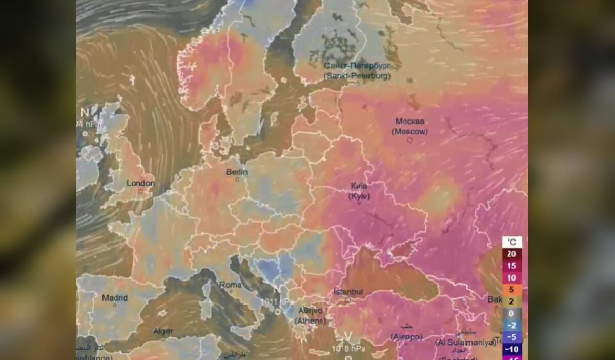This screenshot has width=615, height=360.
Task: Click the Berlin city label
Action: click(237, 172)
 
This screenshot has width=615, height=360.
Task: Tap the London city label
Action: click(140, 183)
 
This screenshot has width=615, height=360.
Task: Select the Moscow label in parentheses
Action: click(409, 132)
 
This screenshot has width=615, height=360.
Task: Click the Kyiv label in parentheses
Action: click(359, 196)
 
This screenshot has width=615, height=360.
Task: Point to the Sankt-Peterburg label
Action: click(357, 76)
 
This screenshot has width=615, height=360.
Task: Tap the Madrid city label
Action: click(114, 297)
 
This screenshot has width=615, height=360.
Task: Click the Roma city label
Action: click(230, 285)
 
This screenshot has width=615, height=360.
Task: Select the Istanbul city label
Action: click(348, 292)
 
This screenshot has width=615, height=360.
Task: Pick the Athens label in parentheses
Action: click(310, 321)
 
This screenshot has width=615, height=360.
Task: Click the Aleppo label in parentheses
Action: click(406, 337)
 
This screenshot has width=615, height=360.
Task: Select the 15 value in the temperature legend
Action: click(511, 266)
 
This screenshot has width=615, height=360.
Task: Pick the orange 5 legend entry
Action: click(511, 290)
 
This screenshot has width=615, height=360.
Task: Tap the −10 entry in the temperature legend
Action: click(511, 349)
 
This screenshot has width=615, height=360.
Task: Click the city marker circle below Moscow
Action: click(409, 140)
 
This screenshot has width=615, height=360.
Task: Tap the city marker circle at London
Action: click(140, 191)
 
